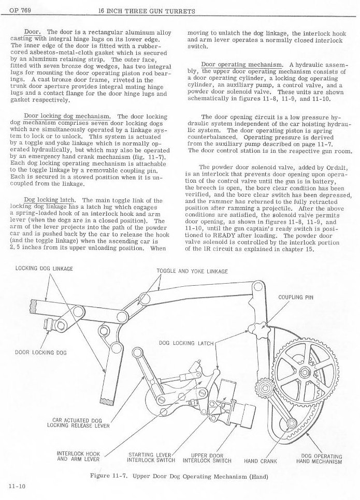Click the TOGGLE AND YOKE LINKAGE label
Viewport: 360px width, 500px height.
pyautogui.click(x=192, y=271)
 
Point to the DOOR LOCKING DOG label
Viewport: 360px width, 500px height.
pyautogui.click(x=40, y=352)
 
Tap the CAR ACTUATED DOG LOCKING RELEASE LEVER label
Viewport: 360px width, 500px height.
pyautogui.click(x=78, y=422)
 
